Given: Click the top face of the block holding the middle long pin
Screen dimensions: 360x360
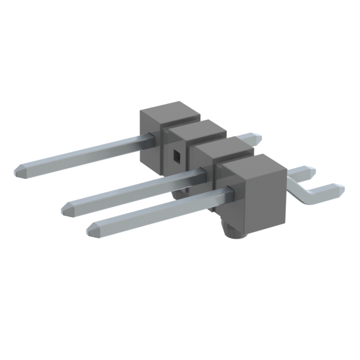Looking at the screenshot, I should coord(223,147).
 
